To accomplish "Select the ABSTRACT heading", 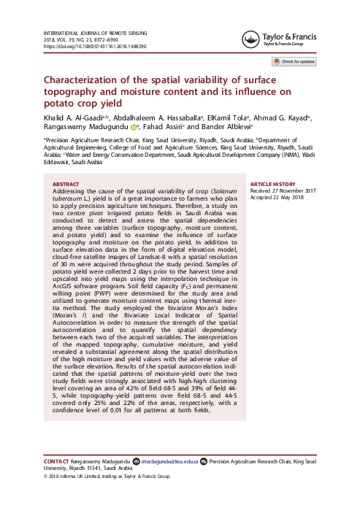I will pyautogui.click(x=66, y=185).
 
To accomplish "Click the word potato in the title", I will pyautogui.click(x=60, y=103).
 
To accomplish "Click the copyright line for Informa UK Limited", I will pyautogui.click(x=106, y=476).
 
